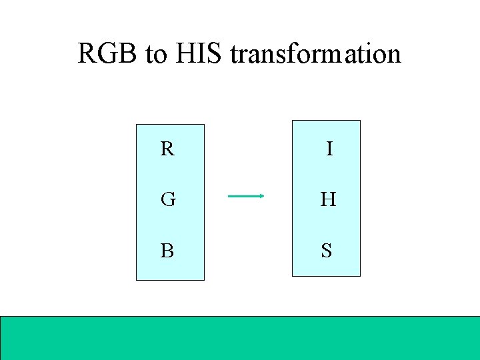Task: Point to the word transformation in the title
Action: point(315,54)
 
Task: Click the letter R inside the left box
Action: point(167,149)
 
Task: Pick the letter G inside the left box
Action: point(167,199)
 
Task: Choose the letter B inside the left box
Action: point(167,251)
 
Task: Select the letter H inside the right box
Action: point(327,199)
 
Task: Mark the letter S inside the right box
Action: point(327,251)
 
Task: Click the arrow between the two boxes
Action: point(246,196)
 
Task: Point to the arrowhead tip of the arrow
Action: point(265,196)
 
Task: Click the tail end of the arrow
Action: point(229,196)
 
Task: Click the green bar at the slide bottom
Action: point(240,337)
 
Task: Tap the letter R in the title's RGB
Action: point(87,54)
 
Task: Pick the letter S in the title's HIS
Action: point(215,54)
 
